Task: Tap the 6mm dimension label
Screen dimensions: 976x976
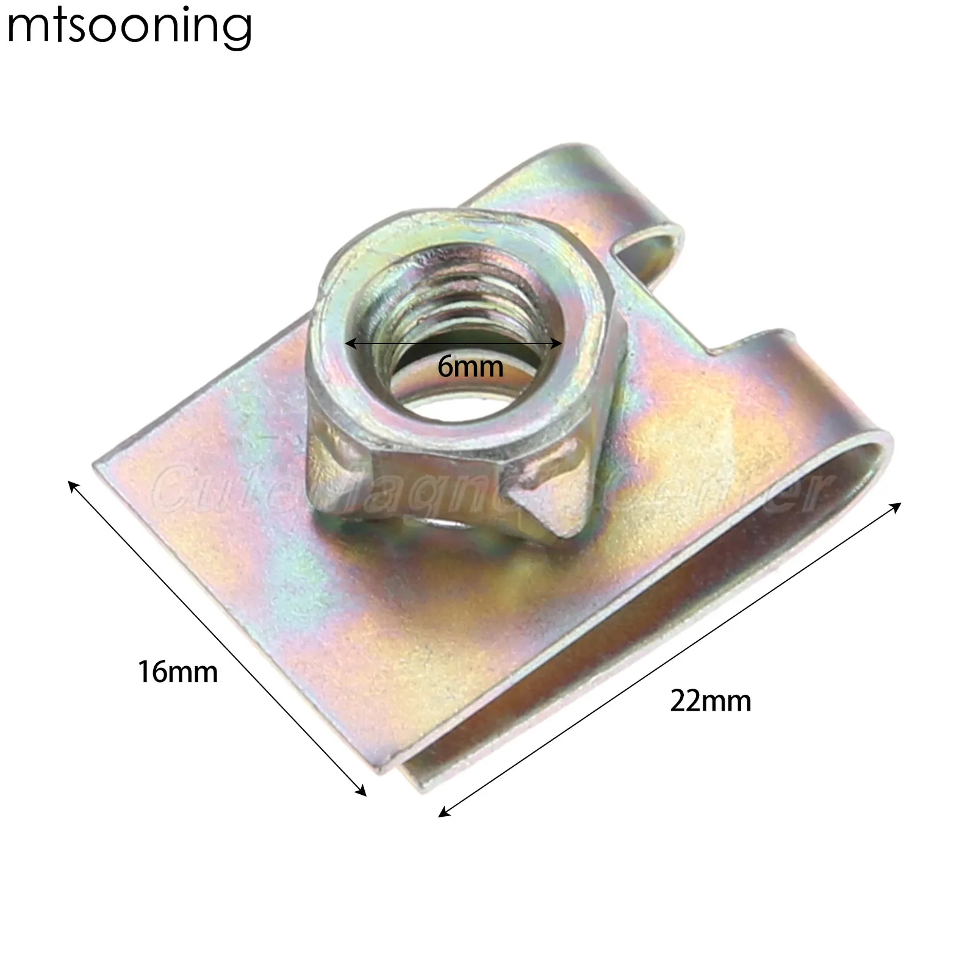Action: (470, 367)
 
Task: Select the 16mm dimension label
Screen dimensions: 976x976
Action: (178, 672)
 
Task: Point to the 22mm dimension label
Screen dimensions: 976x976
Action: (711, 701)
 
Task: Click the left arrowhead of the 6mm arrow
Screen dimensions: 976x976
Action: (349, 343)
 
